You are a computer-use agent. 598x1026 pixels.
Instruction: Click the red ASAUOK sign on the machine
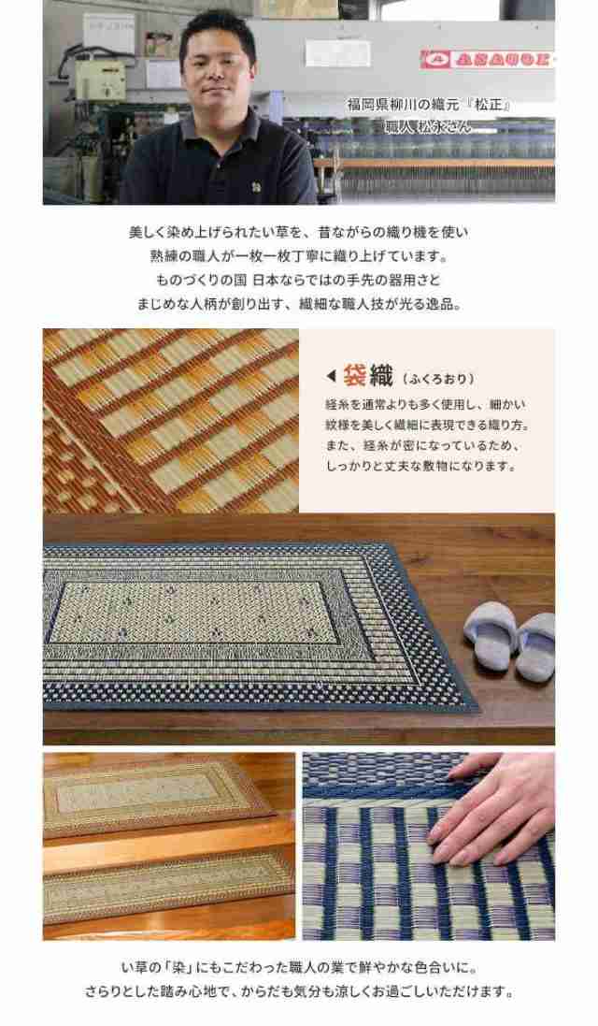coord(486,60)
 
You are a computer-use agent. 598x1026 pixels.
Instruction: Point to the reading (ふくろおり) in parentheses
coord(439,379)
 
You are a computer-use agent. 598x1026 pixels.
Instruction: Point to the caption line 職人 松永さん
coord(429,126)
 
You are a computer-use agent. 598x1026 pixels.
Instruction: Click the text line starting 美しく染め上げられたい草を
coord(298,232)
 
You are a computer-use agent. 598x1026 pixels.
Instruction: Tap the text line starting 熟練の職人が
coord(298,256)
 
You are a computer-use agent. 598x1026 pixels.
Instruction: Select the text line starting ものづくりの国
coord(298,281)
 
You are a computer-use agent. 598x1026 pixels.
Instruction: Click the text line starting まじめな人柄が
coord(298,305)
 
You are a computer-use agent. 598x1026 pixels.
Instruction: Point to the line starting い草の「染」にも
coord(298,967)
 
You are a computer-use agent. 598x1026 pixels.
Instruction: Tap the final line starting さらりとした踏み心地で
coord(298,991)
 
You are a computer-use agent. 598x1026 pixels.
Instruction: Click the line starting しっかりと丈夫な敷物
coord(420,466)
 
